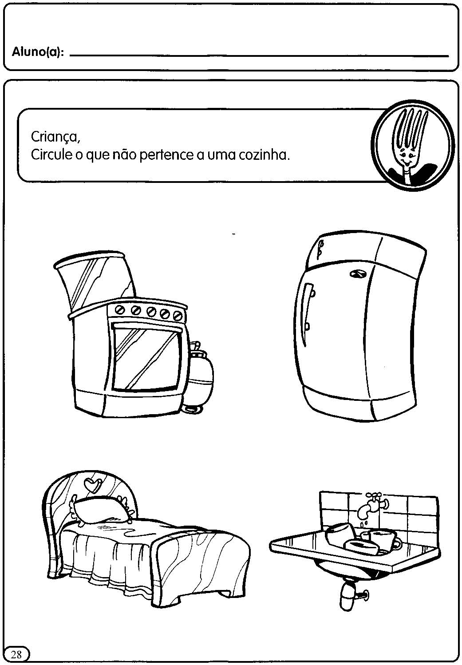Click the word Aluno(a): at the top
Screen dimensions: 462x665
(37, 52)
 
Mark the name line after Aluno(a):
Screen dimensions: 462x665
(259, 55)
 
